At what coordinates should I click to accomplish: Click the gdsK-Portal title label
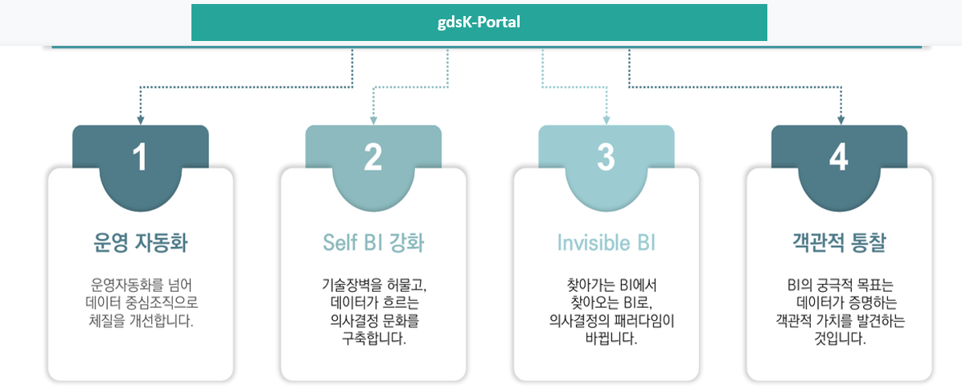tap(479, 22)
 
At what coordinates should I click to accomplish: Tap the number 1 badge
tap(141, 158)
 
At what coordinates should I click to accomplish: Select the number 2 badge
tap(373, 158)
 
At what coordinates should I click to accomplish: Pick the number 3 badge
tap(606, 158)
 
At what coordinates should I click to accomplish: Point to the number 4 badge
tap(839, 158)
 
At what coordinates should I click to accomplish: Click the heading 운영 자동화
tap(141, 242)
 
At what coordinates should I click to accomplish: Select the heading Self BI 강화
tap(373, 242)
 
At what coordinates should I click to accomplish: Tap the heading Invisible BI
tap(606, 242)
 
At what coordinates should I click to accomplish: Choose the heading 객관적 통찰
tap(839, 242)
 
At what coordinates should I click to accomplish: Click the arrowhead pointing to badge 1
tap(141, 120)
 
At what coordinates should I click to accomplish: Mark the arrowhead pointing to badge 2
tap(373, 120)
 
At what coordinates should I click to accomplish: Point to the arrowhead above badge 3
tap(606, 120)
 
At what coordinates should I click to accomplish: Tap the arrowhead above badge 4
tap(841, 120)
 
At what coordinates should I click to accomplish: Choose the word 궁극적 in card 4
tap(839, 285)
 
